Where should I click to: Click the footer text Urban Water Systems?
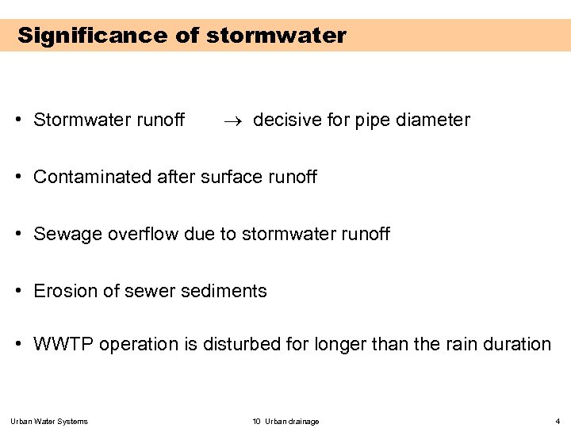coord(49,421)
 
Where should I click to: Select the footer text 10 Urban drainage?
coord(285,421)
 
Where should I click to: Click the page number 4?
coord(558,421)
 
